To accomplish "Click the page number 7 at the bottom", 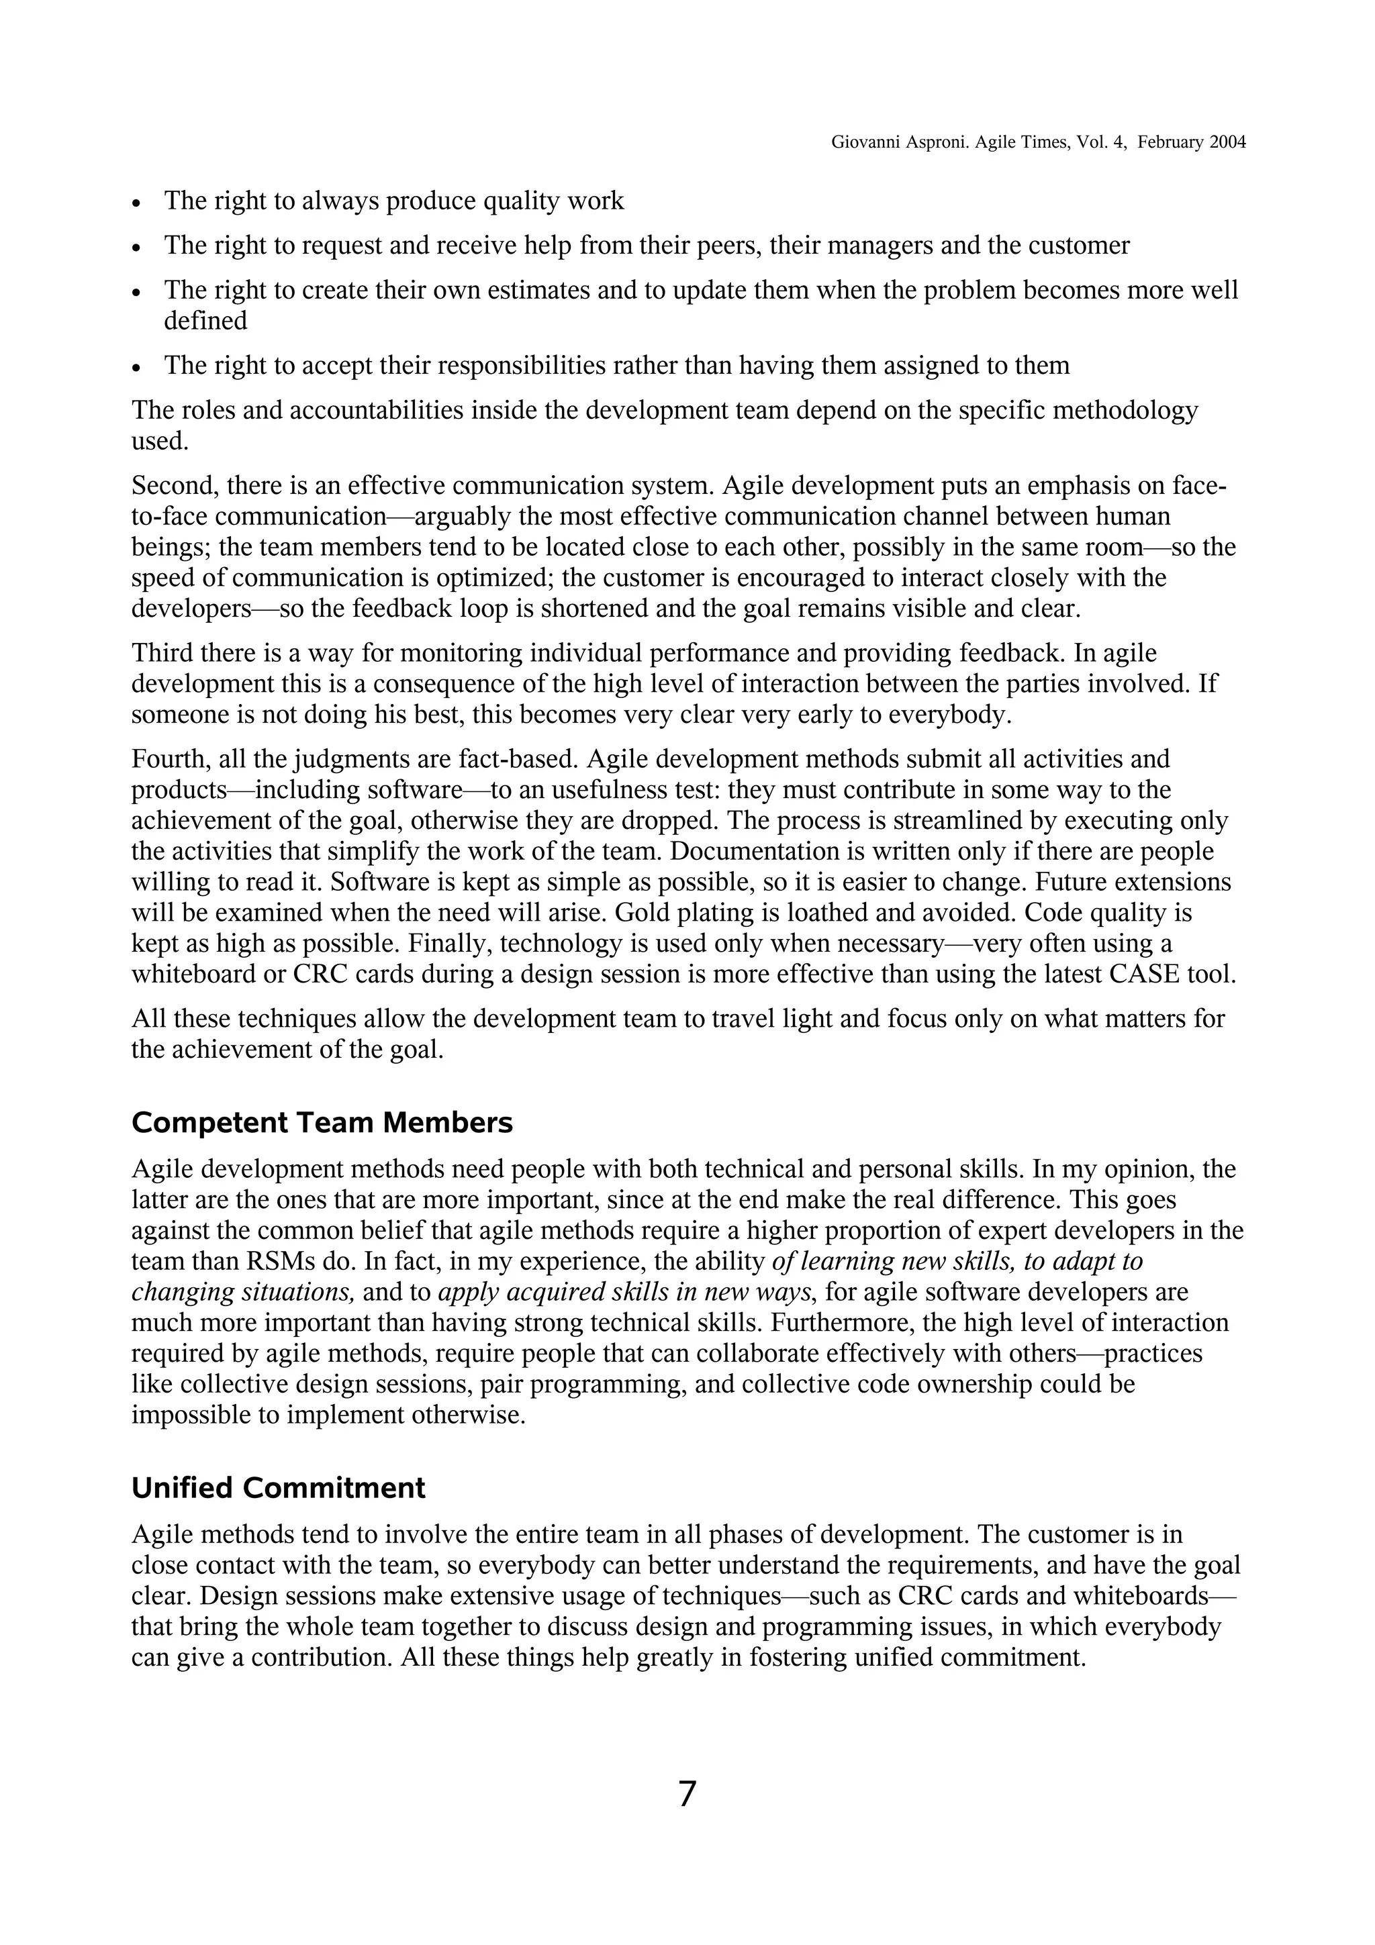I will click(687, 1794).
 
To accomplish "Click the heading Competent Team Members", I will click(322, 1122).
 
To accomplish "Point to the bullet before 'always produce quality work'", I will click(136, 203).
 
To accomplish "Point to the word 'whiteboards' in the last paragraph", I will click(1139, 1596).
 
